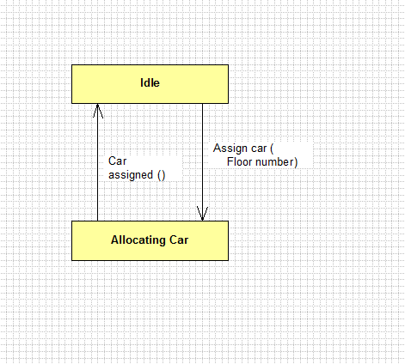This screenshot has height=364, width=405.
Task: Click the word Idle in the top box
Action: pos(150,82)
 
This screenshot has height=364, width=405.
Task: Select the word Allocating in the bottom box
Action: pos(138,240)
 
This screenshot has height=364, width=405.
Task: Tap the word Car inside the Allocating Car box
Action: pos(179,240)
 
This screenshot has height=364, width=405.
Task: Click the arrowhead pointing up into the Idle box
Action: pos(97,111)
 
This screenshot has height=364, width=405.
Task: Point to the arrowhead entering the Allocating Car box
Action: pos(202,214)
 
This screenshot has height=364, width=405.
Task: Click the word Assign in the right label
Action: pos(230,149)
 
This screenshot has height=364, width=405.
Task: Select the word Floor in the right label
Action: pos(239,162)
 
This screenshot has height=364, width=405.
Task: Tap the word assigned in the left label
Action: pos(131,175)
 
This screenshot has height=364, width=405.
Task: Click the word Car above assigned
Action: pos(117,161)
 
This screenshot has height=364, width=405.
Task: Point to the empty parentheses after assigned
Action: pos(162,175)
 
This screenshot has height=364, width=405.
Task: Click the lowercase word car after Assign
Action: pos(259,149)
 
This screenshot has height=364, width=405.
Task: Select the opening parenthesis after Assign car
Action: pos(272,149)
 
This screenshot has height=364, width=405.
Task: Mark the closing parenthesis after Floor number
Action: pos(296,162)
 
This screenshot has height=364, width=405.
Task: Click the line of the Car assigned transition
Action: pos(97,162)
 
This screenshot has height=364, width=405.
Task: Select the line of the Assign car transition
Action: pos(202,162)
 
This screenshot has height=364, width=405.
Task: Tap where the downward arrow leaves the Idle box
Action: pos(202,104)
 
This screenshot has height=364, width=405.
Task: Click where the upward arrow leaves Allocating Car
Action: pos(97,221)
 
